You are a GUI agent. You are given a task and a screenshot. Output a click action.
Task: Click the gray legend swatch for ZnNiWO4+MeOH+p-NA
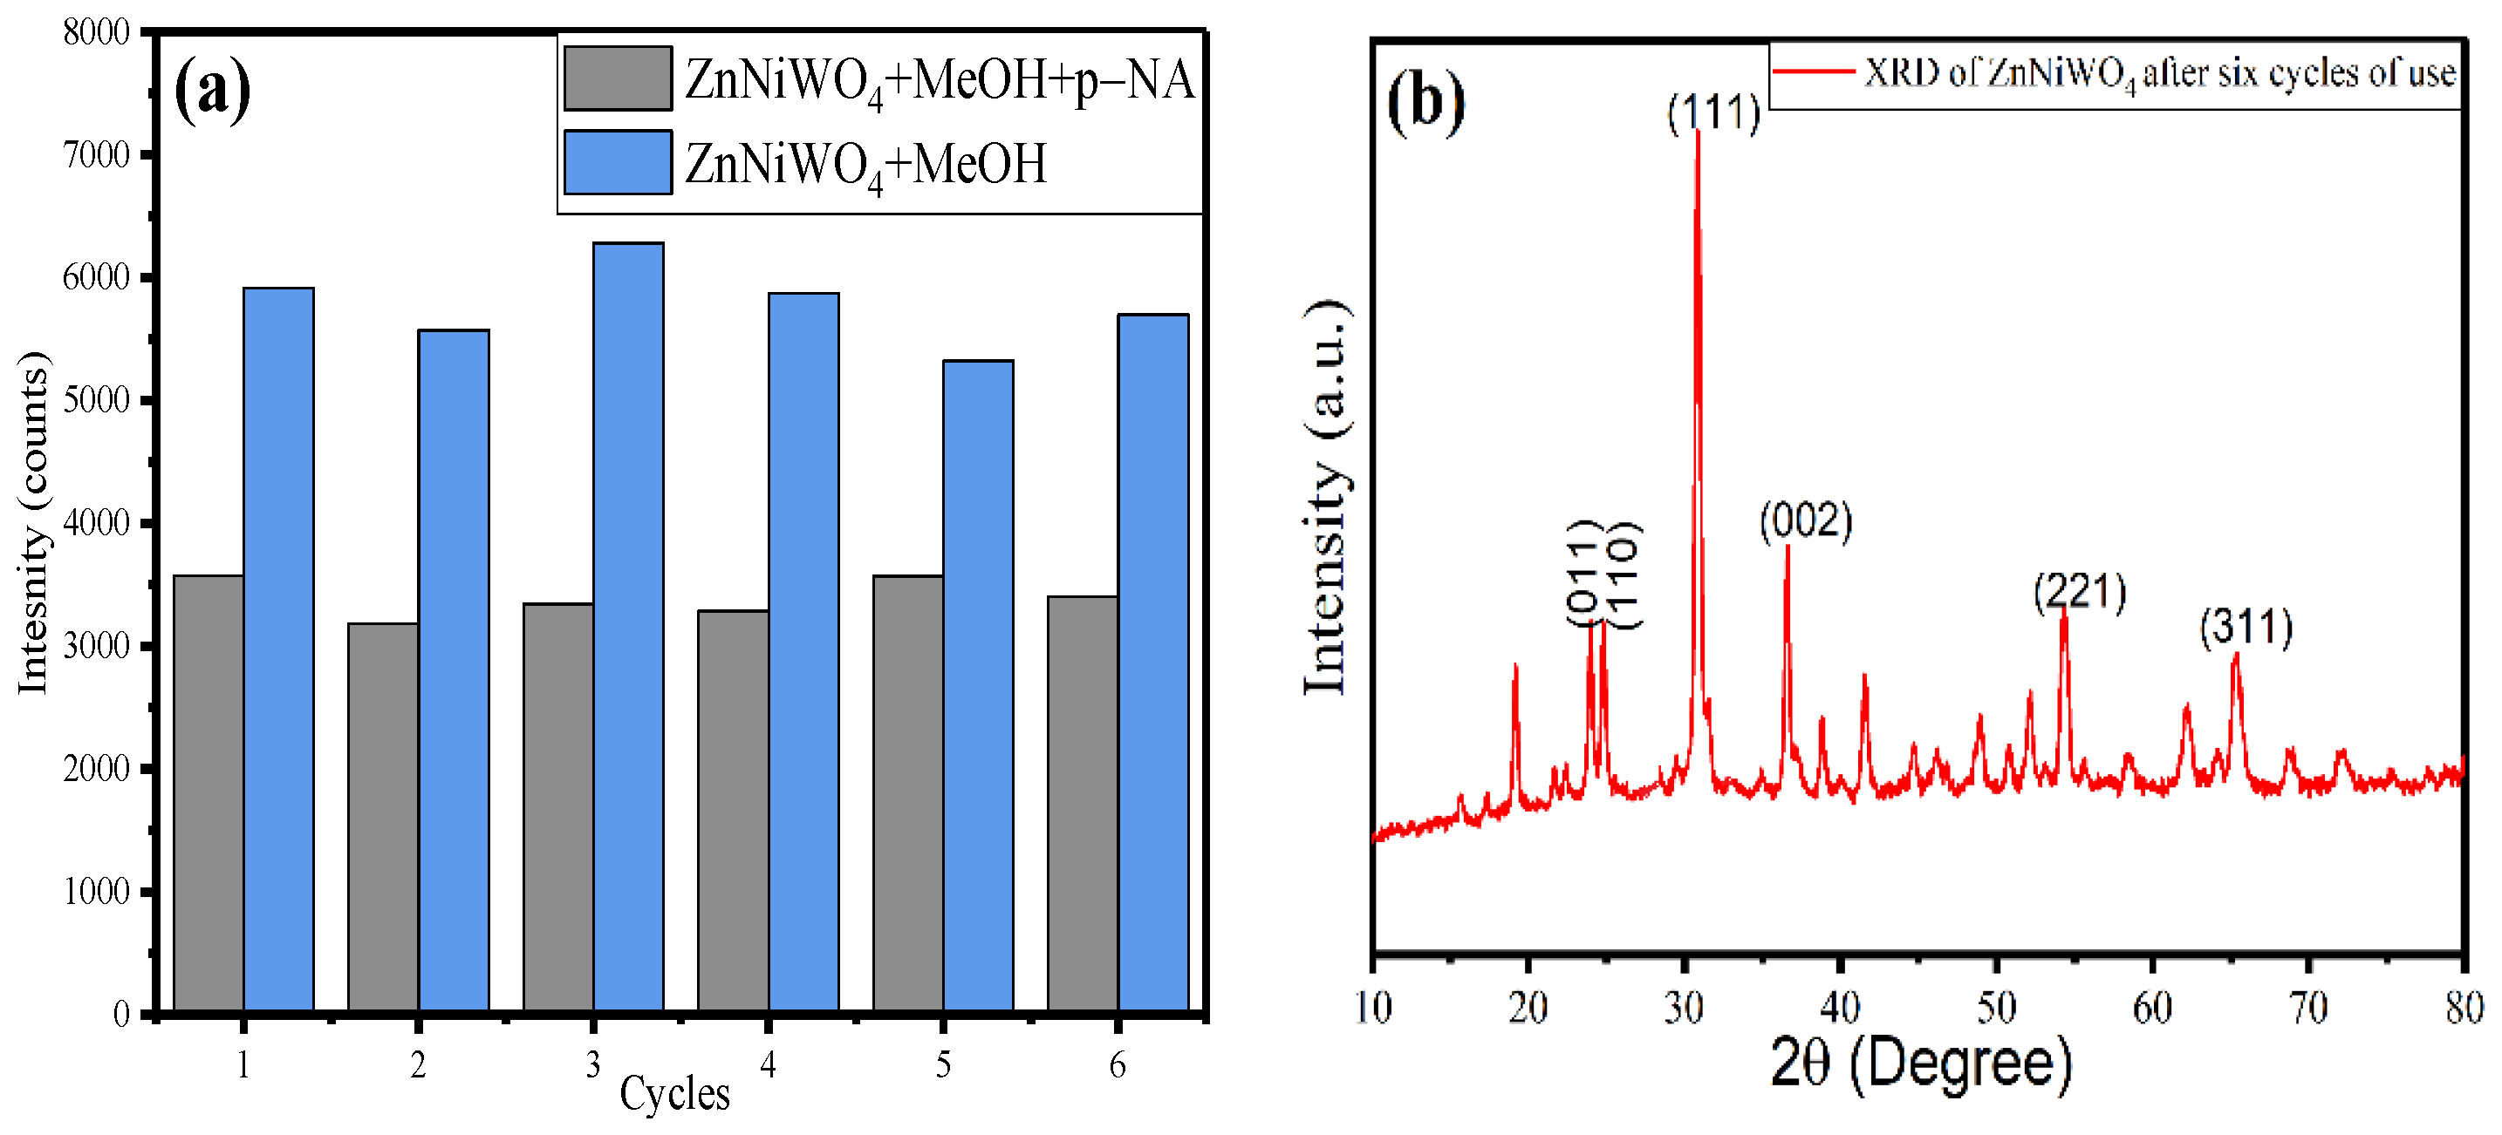(618, 78)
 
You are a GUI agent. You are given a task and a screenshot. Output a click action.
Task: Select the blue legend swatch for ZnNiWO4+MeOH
(618, 162)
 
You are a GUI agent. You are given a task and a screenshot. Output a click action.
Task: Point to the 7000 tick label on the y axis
(96, 154)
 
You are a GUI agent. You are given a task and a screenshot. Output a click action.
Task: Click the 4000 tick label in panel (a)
(96, 523)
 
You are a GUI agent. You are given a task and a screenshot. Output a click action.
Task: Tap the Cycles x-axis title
(674, 1093)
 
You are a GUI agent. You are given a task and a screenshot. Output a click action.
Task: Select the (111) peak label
(1713, 112)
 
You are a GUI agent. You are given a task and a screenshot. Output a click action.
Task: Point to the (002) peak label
(1806, 520)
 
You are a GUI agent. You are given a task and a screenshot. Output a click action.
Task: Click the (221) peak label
(2080, 591)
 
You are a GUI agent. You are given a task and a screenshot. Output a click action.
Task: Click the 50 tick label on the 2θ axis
(1996, 1008)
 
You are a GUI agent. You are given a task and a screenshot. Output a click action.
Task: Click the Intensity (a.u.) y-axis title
(1327, 497)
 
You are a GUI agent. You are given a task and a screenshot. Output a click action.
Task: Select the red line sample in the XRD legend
(1814, 71)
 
